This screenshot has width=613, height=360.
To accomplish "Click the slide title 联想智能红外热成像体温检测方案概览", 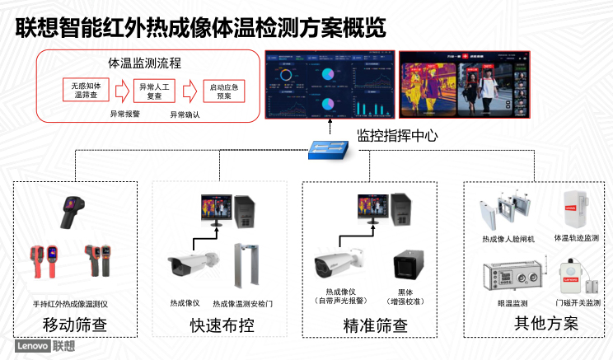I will (x=201, y=26).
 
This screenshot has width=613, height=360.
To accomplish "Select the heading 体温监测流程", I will (x=145, y=63).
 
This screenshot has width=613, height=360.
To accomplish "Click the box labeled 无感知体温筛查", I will (x=85, y=89).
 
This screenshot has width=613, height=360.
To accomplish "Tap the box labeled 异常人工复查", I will (x=154, y=89).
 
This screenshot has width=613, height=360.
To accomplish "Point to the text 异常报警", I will (x=125, y=114).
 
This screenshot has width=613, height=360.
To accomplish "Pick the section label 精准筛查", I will (x=375, y=325).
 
